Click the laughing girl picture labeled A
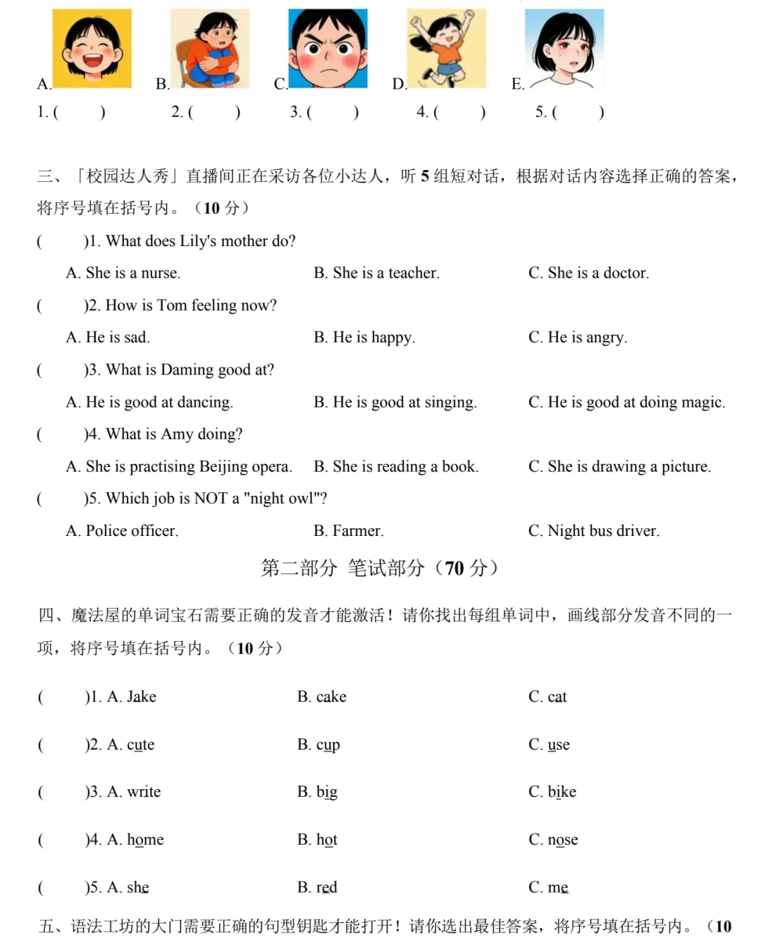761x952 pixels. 92,48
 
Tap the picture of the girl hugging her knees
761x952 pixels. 210,48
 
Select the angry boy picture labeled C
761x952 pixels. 328,48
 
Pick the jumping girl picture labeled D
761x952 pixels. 446,48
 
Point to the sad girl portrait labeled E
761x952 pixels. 564,48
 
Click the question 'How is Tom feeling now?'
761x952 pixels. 191,305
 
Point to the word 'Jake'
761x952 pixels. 142,697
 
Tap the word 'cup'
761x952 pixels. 328,745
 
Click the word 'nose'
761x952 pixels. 562,839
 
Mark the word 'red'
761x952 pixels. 326,887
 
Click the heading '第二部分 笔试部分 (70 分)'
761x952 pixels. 380,568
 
